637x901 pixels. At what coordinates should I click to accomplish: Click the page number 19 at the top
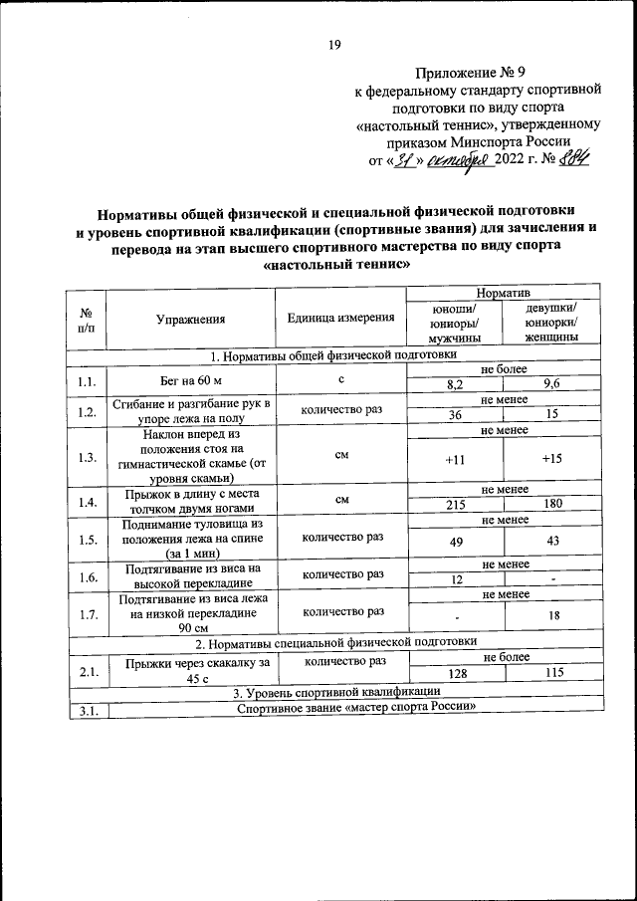pos(335,44)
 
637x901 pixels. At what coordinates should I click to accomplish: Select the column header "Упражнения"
pos(190,319)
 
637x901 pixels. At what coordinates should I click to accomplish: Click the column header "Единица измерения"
pos(341,319)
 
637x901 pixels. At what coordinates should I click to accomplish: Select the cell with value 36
pos(455,414)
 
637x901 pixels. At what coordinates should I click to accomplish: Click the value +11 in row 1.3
pos(455,459)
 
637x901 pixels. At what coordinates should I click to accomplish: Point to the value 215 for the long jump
pos(455,505)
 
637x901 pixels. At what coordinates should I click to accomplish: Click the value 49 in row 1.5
pos(455,541)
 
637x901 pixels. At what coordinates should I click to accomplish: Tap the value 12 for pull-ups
pos(455,579)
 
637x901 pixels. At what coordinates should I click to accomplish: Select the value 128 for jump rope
pos(455,674)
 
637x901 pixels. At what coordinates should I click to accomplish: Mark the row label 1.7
pos(86,614)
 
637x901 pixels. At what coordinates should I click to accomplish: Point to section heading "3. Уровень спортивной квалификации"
pos(335,691)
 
